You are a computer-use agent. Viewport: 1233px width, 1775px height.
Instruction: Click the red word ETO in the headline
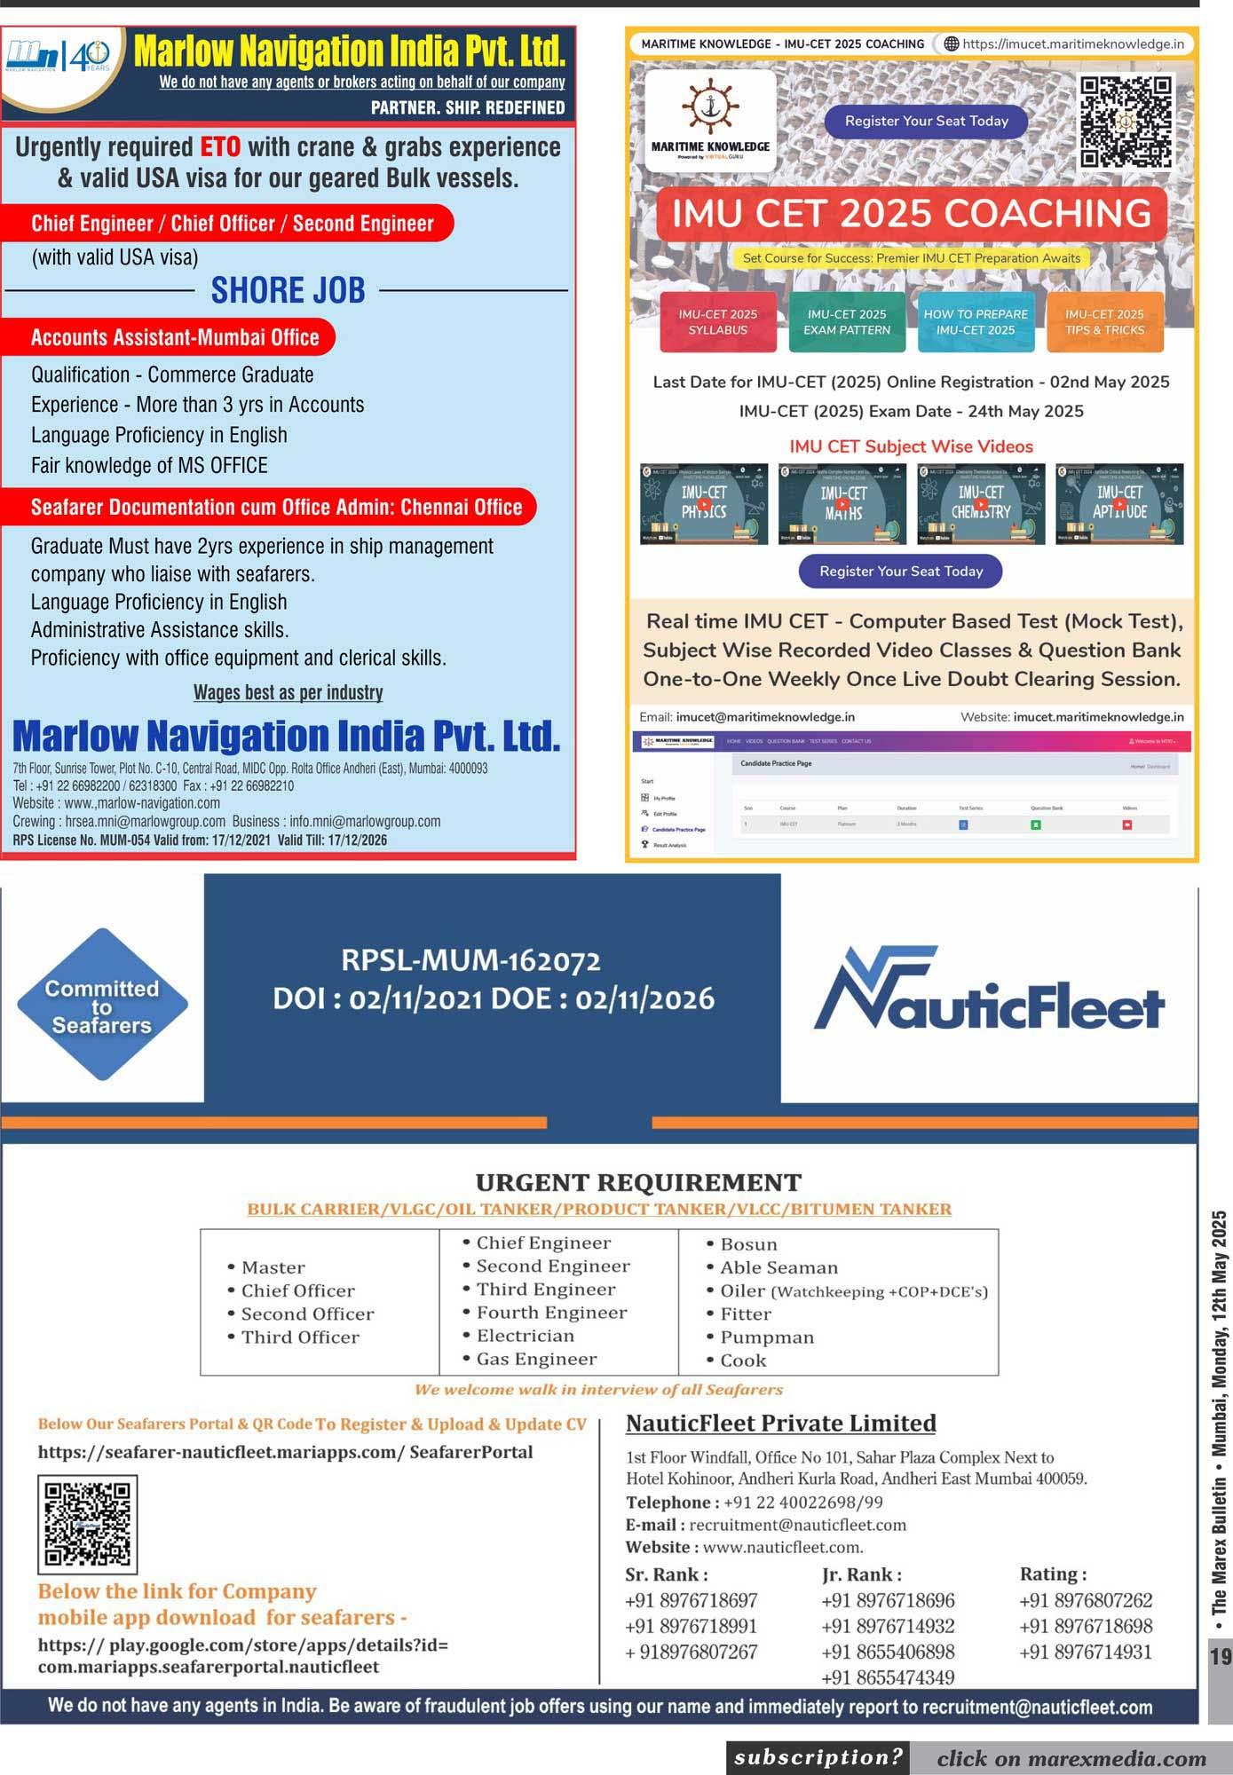click(220, 147)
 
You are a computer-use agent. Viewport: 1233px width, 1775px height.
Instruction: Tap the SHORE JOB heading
click(288, 290)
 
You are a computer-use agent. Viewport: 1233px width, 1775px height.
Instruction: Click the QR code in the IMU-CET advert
click(1126, 122)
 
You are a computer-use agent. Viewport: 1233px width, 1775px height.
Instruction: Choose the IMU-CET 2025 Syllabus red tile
click(717, 322)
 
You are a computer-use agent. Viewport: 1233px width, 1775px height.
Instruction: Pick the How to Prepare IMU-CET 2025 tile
click(975, 322)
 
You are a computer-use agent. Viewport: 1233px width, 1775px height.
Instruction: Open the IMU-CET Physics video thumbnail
click(704, 503)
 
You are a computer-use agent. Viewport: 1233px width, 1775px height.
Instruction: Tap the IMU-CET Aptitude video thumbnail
click(1118, 503)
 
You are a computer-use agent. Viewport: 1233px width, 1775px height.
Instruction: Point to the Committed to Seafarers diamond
click(102, 1006)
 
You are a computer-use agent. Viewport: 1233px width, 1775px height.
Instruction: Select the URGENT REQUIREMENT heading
click(638, 1182)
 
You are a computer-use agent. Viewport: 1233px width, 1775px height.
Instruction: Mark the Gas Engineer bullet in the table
click(536, 1359)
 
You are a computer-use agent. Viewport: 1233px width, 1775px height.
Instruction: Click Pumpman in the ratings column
click(766, 1337)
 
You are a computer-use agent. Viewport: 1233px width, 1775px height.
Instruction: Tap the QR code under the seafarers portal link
click(87, 1524)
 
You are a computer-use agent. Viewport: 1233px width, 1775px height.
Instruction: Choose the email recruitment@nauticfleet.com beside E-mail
click(797, 1525)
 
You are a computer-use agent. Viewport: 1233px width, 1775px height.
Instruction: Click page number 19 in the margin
click(1221, 1656)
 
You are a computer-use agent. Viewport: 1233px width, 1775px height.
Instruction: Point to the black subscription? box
click(818, 1757)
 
